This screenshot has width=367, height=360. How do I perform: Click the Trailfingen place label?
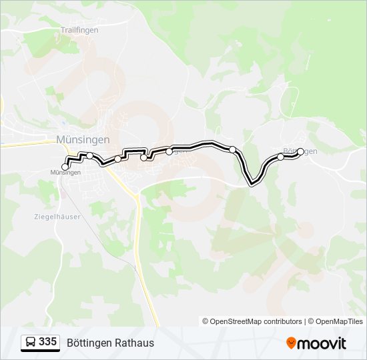pos(79,31)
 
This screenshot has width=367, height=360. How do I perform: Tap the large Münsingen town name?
pos(82,139)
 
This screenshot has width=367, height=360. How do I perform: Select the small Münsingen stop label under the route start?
pos(65,173)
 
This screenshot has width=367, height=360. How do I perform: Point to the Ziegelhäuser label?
pos(57,217)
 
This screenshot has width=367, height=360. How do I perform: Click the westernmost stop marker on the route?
pos(65,167)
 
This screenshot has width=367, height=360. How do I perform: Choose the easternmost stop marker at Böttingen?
pos(300,151)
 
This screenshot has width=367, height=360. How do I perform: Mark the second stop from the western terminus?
pos(90,155)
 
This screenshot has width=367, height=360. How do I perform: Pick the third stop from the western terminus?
pos(118,159)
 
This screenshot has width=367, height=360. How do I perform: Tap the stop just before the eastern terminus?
pos(280,157)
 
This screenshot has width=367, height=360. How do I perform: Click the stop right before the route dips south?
pos(232,149)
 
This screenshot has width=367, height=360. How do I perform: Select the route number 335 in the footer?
pos(47,342)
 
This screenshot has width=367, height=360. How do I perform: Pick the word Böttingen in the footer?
pos(88,343)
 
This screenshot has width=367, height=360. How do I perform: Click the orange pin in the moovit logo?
pos(291,343)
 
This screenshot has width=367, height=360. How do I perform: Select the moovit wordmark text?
pos(322,343)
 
